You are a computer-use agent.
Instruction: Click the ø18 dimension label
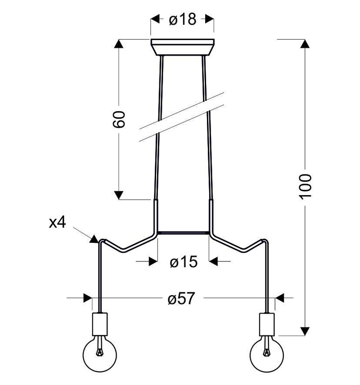[182, 19]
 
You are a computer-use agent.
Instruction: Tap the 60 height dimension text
[119, 119]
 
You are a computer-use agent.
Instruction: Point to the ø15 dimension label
[183, 262]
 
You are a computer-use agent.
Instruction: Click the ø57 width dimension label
[181, 298]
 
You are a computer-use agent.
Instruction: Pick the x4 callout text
[57, 223]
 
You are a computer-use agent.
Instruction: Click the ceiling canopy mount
[182, 47]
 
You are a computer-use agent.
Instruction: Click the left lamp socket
[100, 324]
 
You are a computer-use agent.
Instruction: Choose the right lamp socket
[267, 324]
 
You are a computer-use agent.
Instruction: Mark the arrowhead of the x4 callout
[94, 239]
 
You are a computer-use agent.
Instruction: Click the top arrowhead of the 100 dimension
[305, 44]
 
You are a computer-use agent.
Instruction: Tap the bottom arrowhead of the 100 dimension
[305, 331]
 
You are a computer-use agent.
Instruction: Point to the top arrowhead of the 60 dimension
[119, 44]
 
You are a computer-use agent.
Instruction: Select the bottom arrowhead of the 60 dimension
[119, 195]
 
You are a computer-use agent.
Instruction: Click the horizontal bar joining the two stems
[183, 232]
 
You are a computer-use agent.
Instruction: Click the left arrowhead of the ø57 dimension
[87, 298]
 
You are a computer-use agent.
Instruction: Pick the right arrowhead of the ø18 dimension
[209, 19]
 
